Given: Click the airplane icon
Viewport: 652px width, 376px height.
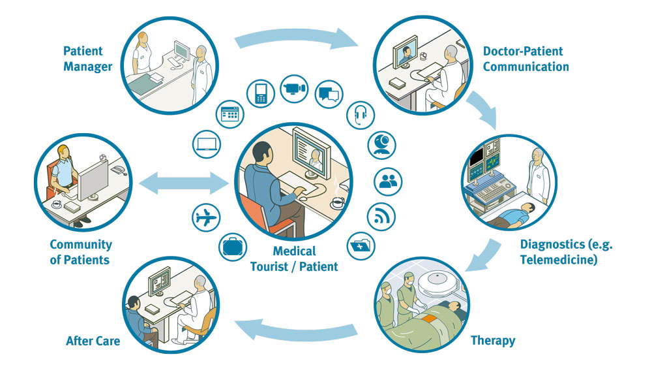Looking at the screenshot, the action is coord(206,218).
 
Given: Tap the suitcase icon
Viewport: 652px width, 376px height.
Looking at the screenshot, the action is coord(233,247).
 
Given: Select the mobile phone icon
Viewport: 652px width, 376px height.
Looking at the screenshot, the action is coord(261,93).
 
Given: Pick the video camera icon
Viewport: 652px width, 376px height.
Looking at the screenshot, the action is coord(294,89).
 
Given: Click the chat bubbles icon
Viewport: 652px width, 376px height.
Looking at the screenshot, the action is coord(329,95).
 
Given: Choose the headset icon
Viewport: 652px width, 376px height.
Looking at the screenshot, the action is coord(361,115).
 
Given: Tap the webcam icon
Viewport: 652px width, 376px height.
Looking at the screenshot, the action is coord(381,145).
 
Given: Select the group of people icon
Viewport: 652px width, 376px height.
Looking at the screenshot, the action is coord(389,181).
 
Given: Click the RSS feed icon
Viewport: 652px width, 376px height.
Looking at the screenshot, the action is coord(381,217).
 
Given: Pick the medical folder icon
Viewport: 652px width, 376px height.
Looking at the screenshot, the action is coord(361,246).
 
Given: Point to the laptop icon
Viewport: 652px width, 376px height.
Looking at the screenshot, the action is coord(207,144).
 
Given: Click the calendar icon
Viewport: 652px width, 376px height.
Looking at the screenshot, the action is coord(230,114).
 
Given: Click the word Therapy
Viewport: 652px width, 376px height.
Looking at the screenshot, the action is coord(493,341).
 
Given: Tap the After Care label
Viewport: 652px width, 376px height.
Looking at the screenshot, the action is coord(93,341).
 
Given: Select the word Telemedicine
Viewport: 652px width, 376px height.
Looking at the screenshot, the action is coord(559,260).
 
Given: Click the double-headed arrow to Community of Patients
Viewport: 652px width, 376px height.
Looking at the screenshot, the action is coord(184,183).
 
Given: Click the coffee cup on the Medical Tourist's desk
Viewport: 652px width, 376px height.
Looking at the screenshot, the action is coord(337,202).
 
